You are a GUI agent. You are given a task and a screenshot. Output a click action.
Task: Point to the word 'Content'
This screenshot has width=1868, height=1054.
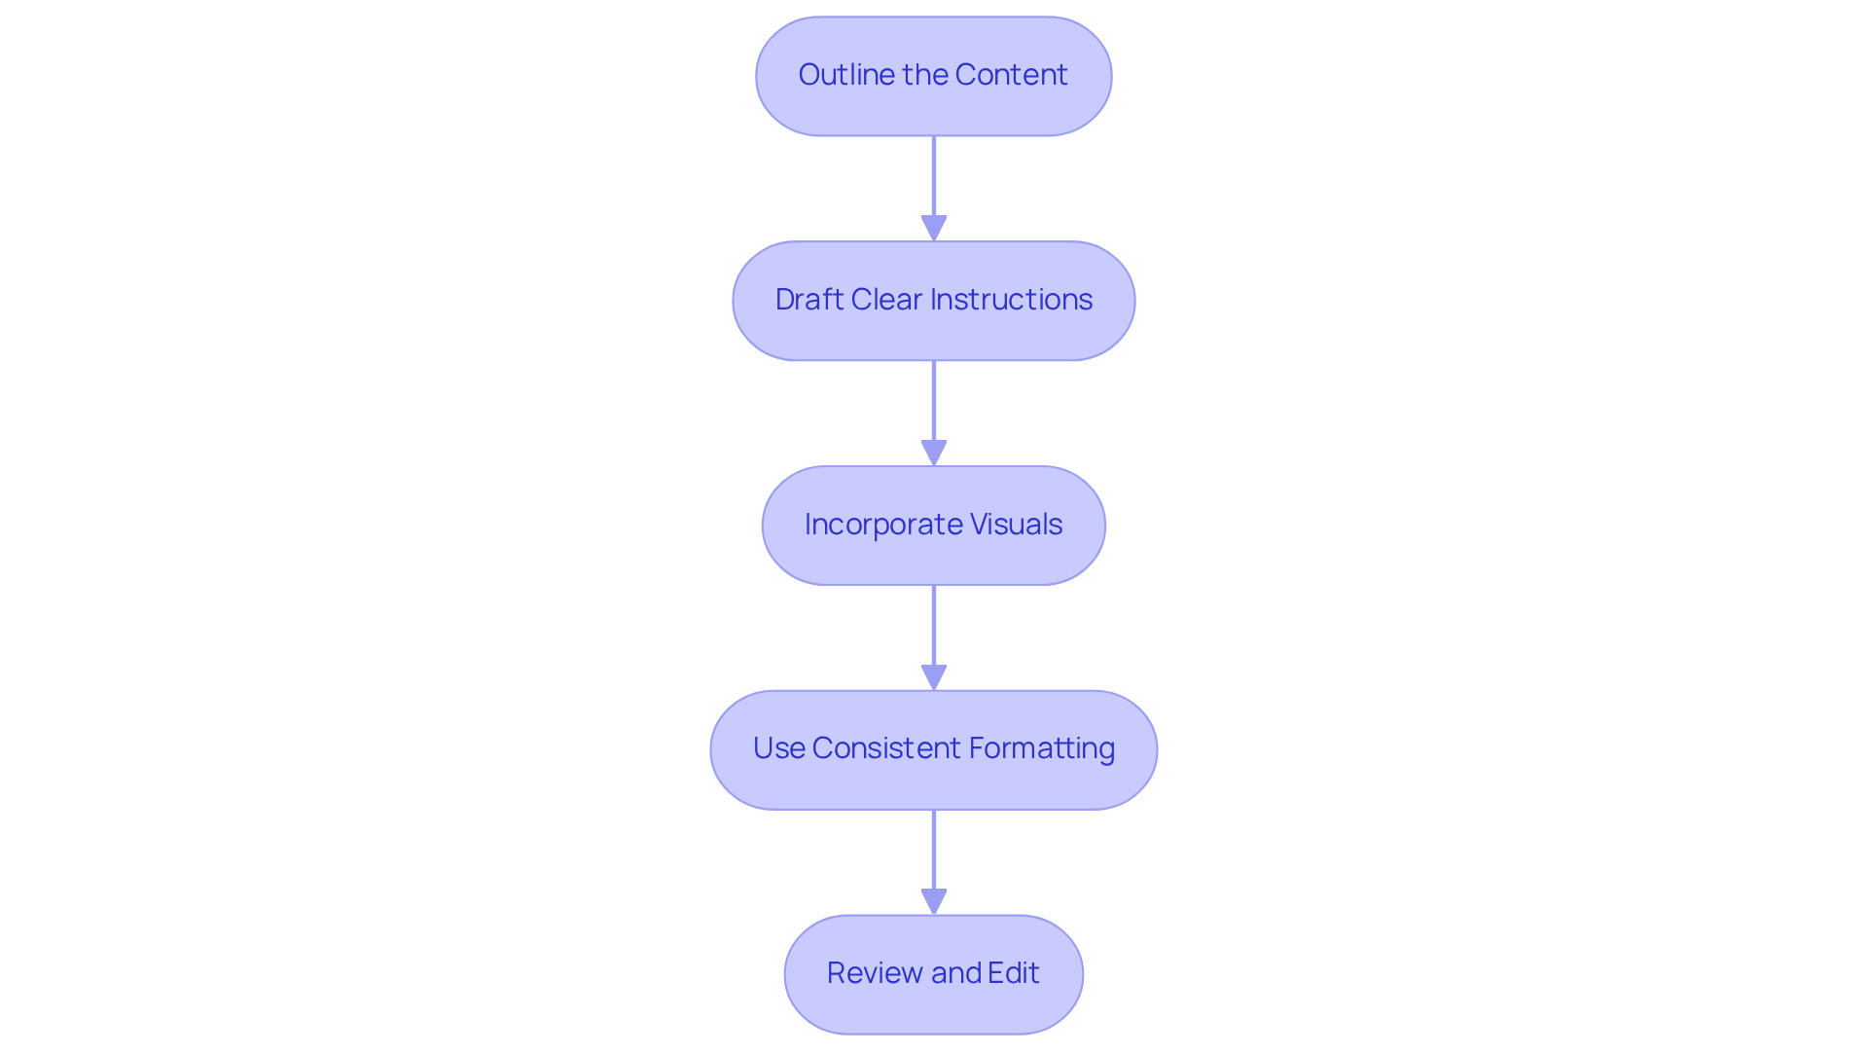1011,75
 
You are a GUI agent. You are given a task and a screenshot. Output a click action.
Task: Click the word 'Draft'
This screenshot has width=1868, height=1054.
809,300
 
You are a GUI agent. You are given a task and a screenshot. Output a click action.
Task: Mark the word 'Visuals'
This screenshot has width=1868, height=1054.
1016,525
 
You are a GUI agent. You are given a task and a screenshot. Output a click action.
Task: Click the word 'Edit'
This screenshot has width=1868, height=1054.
1014,973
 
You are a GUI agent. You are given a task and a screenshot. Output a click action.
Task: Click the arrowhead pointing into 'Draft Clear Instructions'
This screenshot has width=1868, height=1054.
934,229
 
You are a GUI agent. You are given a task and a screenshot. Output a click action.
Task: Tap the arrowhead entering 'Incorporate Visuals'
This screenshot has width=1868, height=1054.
934,454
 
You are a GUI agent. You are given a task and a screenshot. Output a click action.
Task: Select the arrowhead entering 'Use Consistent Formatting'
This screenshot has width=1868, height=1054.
934,678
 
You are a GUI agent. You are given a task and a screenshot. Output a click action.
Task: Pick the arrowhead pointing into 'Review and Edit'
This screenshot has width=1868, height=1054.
934,902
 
